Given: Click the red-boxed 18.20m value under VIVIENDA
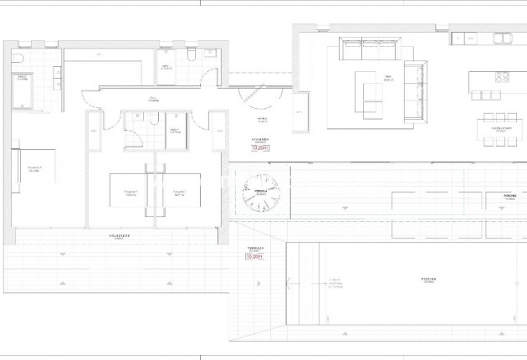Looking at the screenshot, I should [x=260, y=148].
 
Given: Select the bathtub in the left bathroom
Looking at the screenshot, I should [x=23, y=91].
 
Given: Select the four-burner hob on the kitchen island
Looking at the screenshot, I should [x=502, y=77].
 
